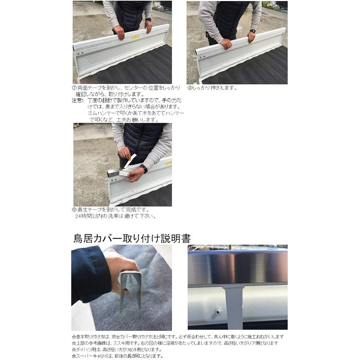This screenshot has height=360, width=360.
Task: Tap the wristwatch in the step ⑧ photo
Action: pos(253,31)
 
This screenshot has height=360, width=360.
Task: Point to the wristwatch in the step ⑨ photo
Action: pos(144,168)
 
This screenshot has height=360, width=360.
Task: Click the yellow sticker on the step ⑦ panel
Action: pos(136,37)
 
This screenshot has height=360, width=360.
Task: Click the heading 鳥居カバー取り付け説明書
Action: pos(132,238)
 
